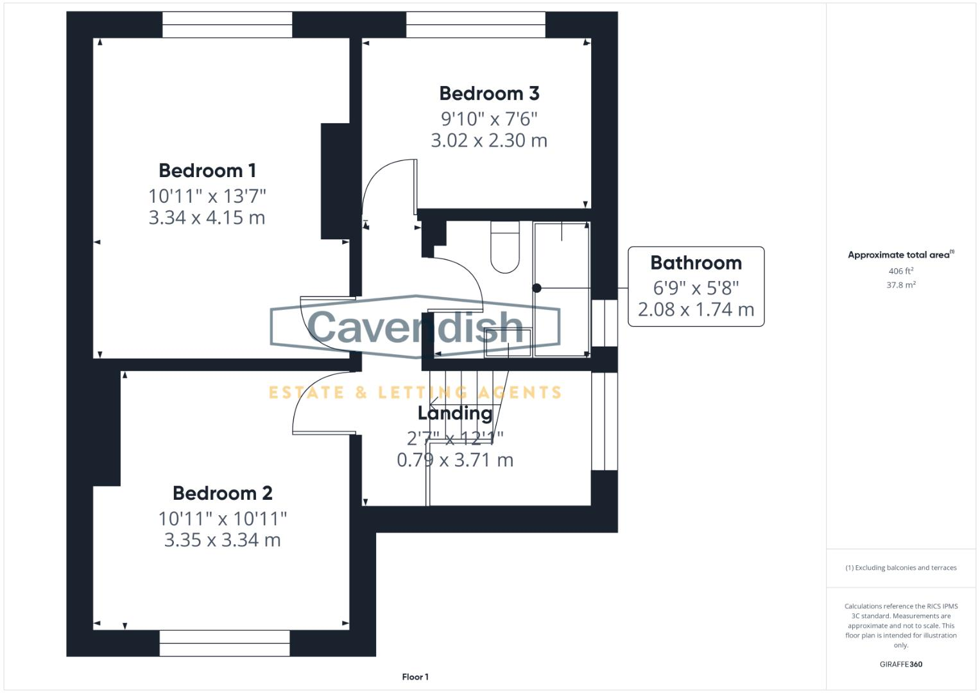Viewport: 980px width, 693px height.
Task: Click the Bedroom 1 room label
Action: [207, 171]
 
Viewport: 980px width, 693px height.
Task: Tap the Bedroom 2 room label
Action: [222, 493]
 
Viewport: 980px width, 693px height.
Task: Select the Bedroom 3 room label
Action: [489, 94]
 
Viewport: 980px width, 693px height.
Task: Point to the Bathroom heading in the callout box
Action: [696, 263]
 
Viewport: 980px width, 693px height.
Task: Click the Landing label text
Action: [455, 413]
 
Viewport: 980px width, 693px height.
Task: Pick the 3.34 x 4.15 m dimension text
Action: [207, 218]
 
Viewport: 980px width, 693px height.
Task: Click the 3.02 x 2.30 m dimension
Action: [489, 141]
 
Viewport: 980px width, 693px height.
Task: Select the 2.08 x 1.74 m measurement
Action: [696, 310]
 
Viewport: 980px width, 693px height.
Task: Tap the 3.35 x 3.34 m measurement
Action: [222, 540]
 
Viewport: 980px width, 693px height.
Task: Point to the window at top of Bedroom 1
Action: [227, 25]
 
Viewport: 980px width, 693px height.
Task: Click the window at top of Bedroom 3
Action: [476, 25]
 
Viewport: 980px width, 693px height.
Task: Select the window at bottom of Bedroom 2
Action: [225, 643]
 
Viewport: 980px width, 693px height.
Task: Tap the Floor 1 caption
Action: [415, 677]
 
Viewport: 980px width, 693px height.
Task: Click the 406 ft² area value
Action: [901, 271]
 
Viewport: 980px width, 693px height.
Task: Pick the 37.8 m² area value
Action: [901, 285]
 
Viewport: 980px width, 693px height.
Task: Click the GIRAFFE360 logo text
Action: [901, 665]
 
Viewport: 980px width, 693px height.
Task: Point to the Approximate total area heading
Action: [900, 255]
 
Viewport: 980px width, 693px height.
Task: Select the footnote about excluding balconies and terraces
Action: [901, 568]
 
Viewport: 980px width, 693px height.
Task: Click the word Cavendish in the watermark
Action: [415, 327]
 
